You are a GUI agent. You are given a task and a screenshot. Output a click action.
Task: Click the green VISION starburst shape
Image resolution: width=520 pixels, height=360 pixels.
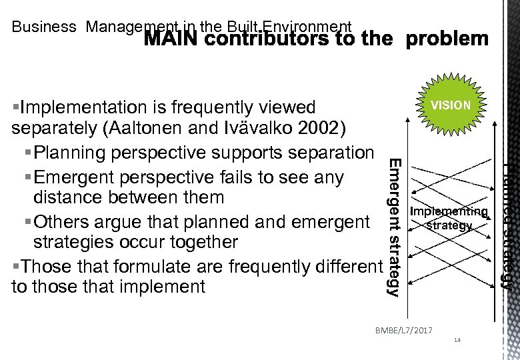click(451, 105)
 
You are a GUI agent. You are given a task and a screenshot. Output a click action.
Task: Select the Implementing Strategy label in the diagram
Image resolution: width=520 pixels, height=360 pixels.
click(449, 219)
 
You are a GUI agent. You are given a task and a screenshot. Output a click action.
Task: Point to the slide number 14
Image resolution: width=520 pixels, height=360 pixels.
click(457, 341)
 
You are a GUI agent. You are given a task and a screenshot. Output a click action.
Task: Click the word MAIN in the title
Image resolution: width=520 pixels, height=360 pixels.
click(168, 39)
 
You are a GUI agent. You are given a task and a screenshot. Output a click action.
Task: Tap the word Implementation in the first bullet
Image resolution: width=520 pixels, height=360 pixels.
click(85, 107)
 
